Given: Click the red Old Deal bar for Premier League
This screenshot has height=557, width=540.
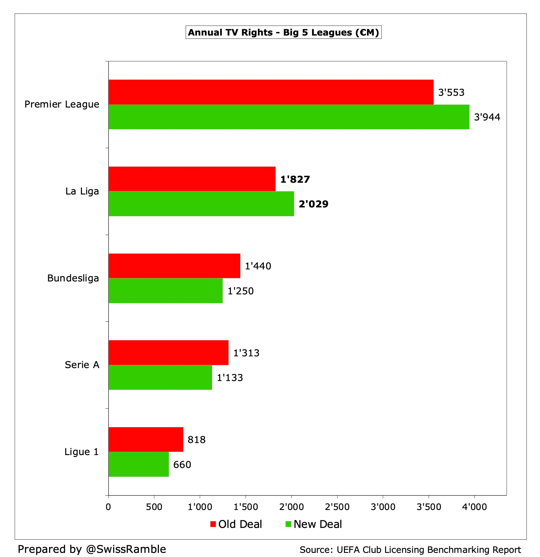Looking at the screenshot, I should click(x=271, y=92).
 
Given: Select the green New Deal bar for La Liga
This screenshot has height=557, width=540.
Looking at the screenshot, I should click(x=201, y=204).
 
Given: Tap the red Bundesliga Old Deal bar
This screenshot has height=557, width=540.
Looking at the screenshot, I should click(x=174, y=266).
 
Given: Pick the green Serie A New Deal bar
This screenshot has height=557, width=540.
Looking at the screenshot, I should click(x=160, y=378).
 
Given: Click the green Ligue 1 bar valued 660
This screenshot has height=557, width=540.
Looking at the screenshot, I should click(x=138, y=464).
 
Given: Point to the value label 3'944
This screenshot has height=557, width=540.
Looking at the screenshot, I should click(x=487, y=117).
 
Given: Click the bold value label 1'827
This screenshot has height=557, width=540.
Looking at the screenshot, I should click(x=295, y=179).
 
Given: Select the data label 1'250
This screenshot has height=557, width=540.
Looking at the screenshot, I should click(x=240, y=291).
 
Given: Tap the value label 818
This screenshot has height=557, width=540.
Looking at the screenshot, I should click(x=197, y=440).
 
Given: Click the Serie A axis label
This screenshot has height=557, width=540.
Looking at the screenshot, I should click(x=82, y=365).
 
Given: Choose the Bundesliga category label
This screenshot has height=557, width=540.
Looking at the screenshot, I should click(x=73, y=278).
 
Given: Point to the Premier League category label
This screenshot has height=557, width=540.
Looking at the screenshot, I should click(x=62, y=104).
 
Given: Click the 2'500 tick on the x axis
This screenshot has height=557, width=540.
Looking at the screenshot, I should click(x=337, y=507).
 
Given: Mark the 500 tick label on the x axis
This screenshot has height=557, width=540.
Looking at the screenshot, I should click(x=154, y=507).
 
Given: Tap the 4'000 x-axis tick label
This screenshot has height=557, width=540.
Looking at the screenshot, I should click(x=474, y=507).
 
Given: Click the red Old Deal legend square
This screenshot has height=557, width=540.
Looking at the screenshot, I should click(x=213, y=524).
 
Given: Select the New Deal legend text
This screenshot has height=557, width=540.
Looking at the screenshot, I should click(x=318, y=524).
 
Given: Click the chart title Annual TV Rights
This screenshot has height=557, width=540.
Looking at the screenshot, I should click(x=283, y=32).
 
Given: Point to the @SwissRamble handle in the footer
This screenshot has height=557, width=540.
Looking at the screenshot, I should click(x=126, y=549).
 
